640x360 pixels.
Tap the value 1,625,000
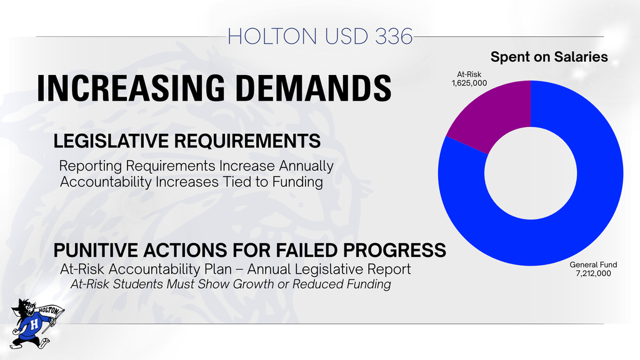pyautogui.click(x=469, y=83)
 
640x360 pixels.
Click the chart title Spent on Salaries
pyautogui.click(x=549, y=57)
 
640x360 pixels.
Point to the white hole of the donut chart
pyautogui.click(x=531, y=173)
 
